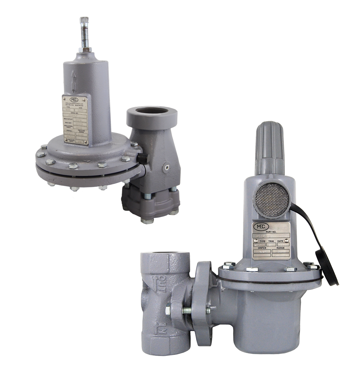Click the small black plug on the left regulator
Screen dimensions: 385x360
point(143,157)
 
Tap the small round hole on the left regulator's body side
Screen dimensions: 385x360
point(166,167)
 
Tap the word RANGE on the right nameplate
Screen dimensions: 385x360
point(280,248)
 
